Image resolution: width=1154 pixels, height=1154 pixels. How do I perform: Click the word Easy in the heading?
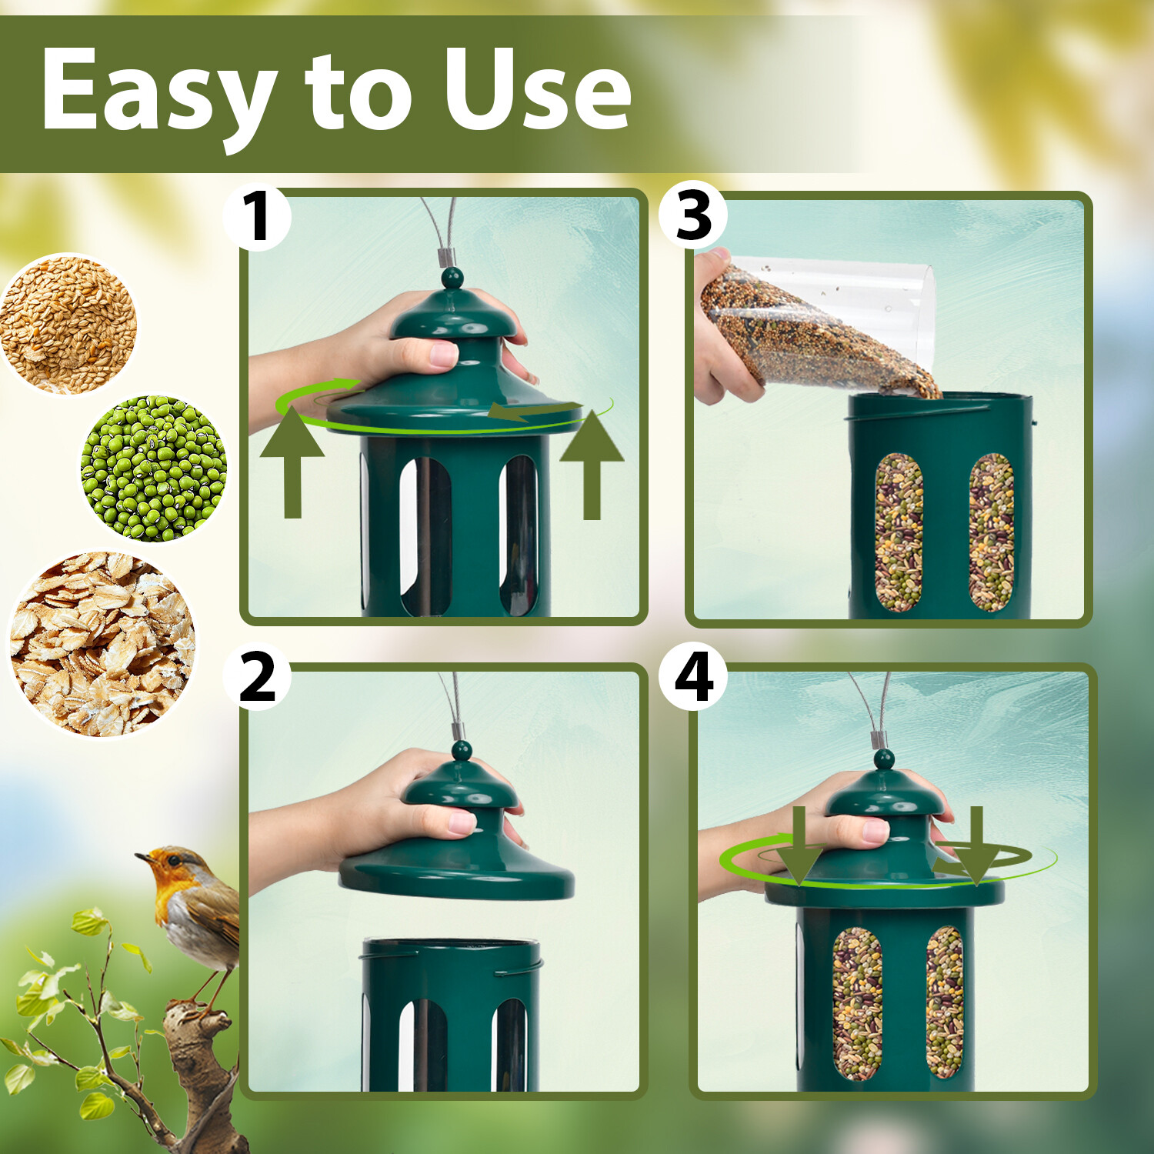tap(158, 91)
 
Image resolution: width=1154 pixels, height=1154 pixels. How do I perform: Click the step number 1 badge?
tap(257, 218)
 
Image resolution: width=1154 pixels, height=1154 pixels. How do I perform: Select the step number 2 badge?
tap(257, 678)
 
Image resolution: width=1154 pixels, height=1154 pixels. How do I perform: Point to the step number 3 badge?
tap(693, 215)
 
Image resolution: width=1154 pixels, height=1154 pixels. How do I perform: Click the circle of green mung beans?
tap(154, 468)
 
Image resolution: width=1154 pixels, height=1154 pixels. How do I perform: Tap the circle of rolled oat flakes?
tap(102, 644)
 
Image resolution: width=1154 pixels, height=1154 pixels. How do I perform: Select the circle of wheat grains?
tap(68, 324)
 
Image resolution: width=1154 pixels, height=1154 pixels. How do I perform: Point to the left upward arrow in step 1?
tap(292, 462)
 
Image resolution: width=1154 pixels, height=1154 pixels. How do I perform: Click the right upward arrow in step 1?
tap(591, 465)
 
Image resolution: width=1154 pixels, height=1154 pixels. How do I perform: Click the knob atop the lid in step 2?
tap(461, 750)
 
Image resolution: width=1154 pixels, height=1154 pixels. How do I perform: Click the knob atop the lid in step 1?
tap(452, 278)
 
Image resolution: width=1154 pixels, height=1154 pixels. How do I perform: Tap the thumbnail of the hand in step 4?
tap(875, 829)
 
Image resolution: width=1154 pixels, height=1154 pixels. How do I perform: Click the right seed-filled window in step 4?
tap(945, 1002)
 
